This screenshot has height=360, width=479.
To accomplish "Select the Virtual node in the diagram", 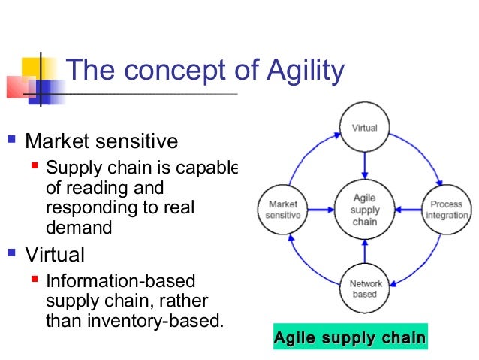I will coord(364,129).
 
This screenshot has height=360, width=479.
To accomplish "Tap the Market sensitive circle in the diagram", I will coord(282,209).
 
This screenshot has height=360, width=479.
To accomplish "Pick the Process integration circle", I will coord(446,208).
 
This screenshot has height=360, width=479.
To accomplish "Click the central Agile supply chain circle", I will coord(364,208).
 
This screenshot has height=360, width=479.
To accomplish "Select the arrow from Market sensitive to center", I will coord(324,209).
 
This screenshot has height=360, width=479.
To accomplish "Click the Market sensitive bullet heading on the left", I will coord(101,141).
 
